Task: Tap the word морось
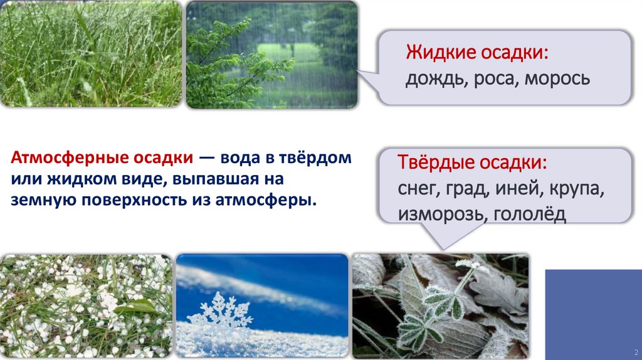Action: pos(557,78)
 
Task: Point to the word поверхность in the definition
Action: pos(121,200)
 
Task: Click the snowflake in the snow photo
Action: pos(219,309)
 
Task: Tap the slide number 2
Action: pos(636,351)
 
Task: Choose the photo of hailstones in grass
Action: pos(86,305)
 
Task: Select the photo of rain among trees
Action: pos(271,55)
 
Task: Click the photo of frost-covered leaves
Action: pos(440,305)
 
